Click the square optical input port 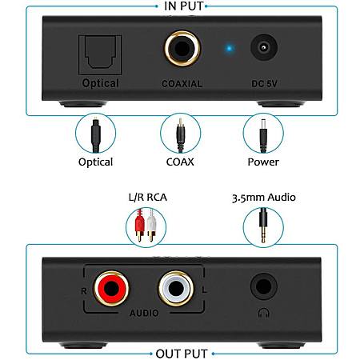[x=100, y=54]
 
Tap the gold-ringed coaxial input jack [x=182, y=48]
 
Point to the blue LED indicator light [x=230, y=49]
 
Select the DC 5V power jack [x=264, y=48]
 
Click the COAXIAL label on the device [x=182, y=84]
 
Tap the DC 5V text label [x=264, y=84]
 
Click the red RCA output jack [x=111, y=288]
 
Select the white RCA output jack [x=176, y=288]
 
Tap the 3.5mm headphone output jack [x=263, y=286]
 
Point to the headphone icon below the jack [x=263, y=313]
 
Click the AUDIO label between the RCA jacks [x=144, y=313]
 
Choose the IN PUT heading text [x=184, y=6]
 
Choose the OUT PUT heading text [x=182, y=354]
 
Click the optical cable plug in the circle [x=95, y=136]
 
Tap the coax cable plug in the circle [x=181, y=135]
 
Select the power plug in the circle [x=263, y=136]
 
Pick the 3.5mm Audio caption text [x=264, y=198]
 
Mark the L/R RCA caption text [x=148, y=198]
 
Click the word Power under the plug [x=263, y=162]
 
